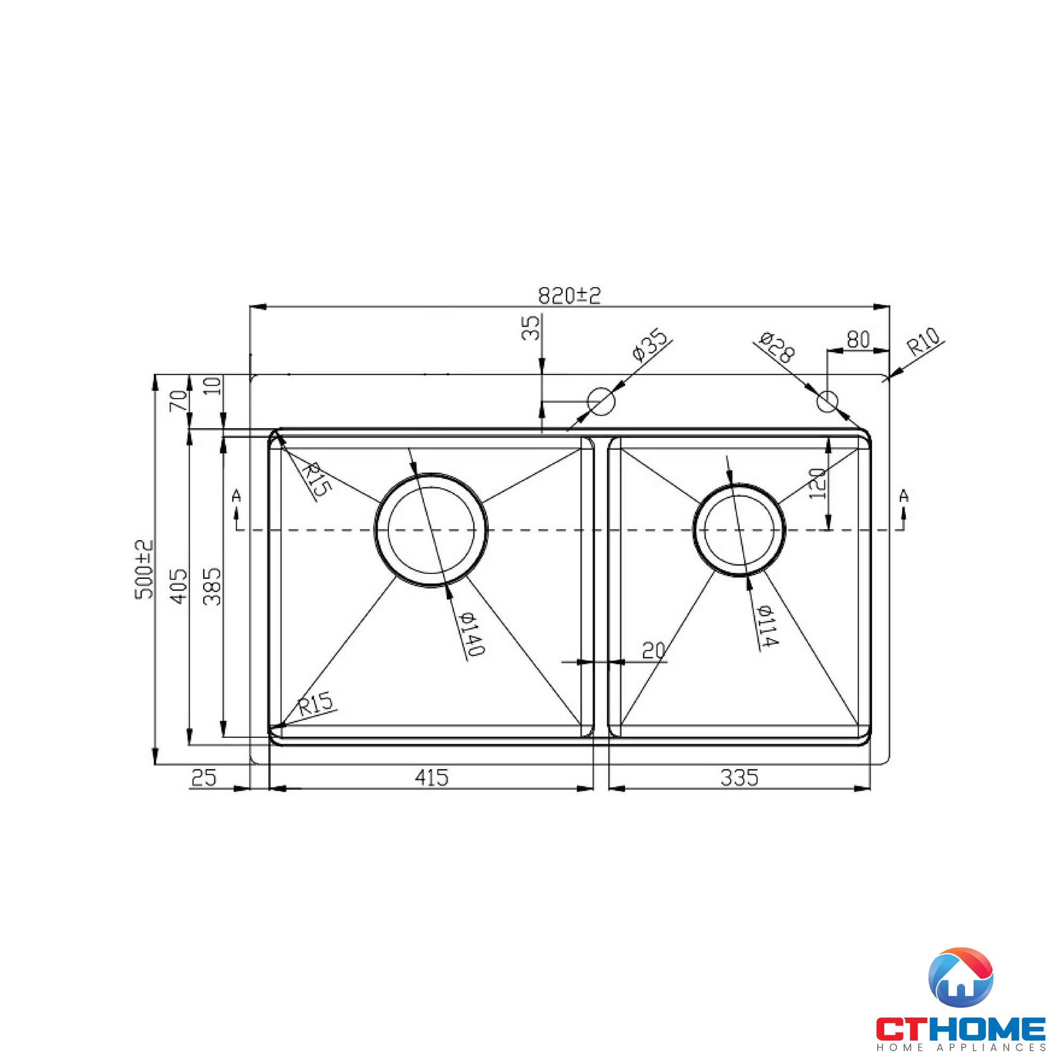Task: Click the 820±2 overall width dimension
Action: (x=569, y=296)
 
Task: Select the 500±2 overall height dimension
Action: (x=144, y=569)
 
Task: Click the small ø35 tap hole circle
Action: (x=601, y=401)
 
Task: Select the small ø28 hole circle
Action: (x=827, y=401)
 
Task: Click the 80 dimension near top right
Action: (x=858, y=340)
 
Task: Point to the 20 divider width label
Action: (x=654, y=651)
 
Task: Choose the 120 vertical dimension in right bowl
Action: (x=818, y=483)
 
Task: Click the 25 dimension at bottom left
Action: (x=204, y=778)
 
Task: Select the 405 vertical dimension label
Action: (x=179, y=586)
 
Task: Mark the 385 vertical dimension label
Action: (x=213, y=586)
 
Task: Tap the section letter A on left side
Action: (x=236, y=496)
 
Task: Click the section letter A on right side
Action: (x=904, y=496)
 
